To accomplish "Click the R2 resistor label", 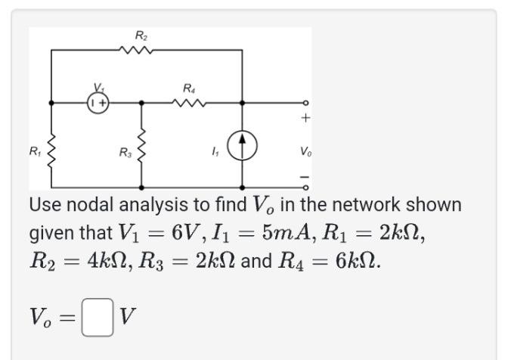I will pyautogui.click(x=141, y=36).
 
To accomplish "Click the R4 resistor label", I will pyautogui.click(x=189, y=88).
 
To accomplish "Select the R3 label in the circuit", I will pyautogui.click(x=125, y=153).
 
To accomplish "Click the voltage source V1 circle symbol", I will pyautogui.click(x=98, y=101).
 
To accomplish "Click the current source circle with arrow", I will pyautogui.click(x=243, y=145).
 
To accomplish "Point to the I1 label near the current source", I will pyautogui.click(x=215, y=153).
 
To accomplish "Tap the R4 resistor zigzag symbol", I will pyautogui.click(x=189, y=102).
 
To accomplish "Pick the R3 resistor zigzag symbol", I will pyautogui.click(x=141, y=145).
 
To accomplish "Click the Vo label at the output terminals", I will pyautogui.click(x=305, y=152).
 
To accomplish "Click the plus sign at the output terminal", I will pyautogui.click(x=305, y=118).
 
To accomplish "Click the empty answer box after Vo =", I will pyautogui.click(x=97, y=318).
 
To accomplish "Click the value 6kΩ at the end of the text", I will pyautogui.click(x=352, y=262).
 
